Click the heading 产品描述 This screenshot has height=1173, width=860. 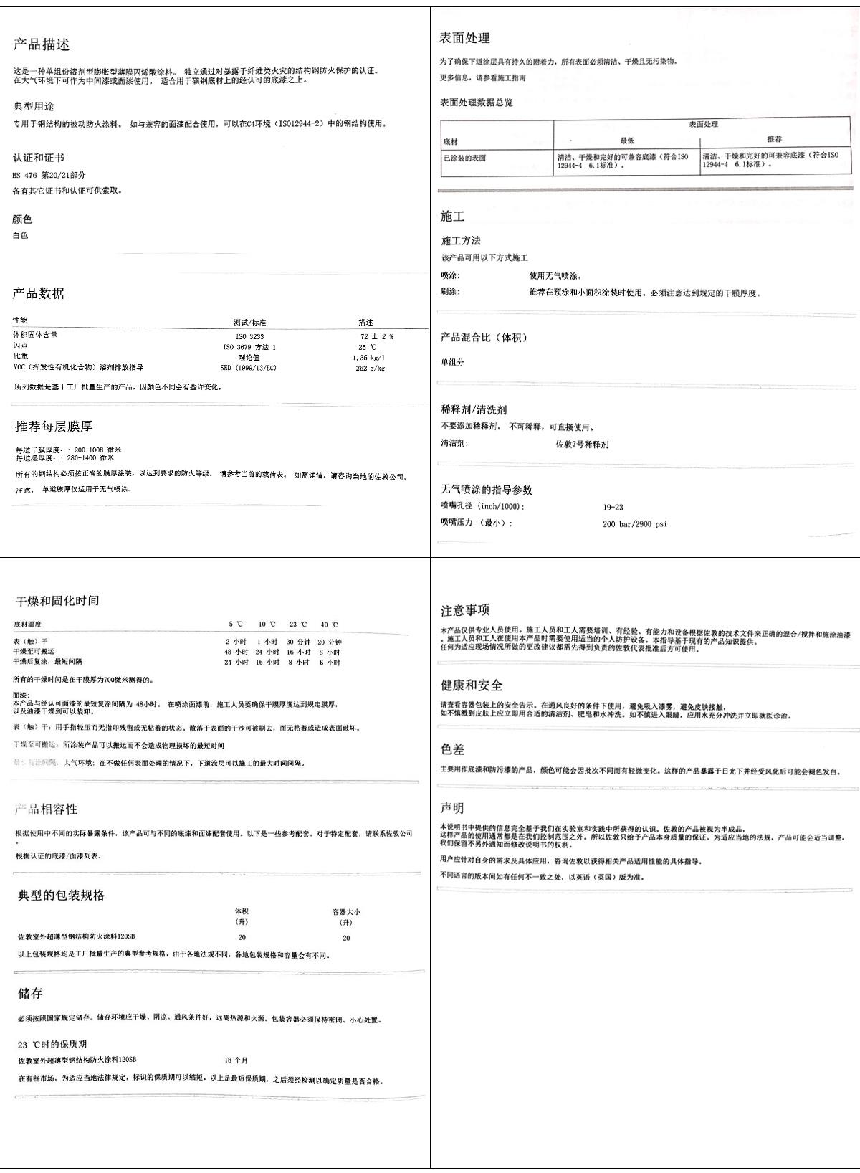click(42, 45)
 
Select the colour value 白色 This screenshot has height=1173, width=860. click(20, 235)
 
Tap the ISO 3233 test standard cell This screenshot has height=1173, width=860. click(249, 336)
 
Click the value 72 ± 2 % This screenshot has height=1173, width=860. click(376, 336)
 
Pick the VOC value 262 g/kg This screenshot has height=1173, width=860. click(370, 369)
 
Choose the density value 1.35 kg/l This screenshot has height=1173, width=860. click(368, 357)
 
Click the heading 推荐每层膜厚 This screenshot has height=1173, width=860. click(54, 427)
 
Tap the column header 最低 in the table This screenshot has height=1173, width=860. click(627, 141)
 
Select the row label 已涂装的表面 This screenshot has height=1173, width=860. click(464, 158)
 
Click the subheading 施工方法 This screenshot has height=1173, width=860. click(461, 241)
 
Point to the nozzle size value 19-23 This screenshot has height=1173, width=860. click(613, 508)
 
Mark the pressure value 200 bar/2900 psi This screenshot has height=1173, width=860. click(634, 524)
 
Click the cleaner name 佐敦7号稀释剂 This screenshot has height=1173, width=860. click(582, 445)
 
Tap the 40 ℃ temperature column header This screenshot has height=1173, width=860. click(329, 625)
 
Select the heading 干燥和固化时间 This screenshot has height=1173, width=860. click(57, 601)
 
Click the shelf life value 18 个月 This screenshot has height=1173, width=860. click(236, 1060)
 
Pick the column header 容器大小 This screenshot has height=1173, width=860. click(346, 912)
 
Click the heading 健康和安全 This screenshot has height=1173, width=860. click(472, 685)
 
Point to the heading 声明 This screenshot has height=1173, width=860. click(452, 808)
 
